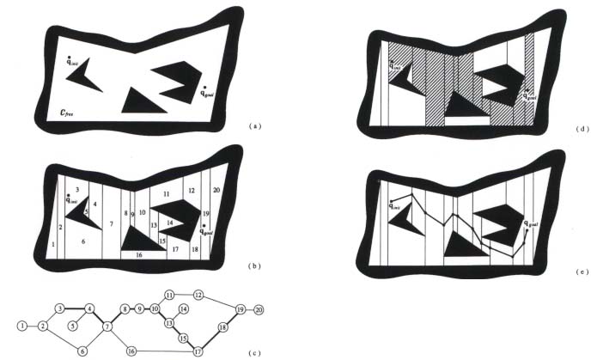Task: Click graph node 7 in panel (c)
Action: [109, 326]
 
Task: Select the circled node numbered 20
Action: [259, 308]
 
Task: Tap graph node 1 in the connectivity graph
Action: [21, 326]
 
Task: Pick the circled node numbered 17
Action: [197, 351]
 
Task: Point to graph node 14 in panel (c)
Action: [183, 308]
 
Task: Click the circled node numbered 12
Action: [198, 295]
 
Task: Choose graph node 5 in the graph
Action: [74, 326]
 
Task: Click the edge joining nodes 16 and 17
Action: [163, 351]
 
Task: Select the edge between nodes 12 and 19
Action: [219, 302]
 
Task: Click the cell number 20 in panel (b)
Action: [216, 188]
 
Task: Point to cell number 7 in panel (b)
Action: [111, 223]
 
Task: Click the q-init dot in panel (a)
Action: [69, 57]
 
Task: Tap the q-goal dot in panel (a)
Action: [204, 86]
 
